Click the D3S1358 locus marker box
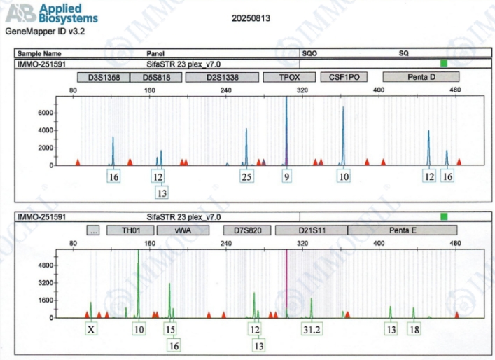103,77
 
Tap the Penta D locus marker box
421,77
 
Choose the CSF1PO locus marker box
344,77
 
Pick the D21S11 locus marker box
310,230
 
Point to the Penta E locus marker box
403,230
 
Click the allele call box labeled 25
246,177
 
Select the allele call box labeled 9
286,177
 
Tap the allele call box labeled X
91,329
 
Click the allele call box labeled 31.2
312,329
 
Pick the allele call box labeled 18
414,329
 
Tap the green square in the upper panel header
443,64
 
